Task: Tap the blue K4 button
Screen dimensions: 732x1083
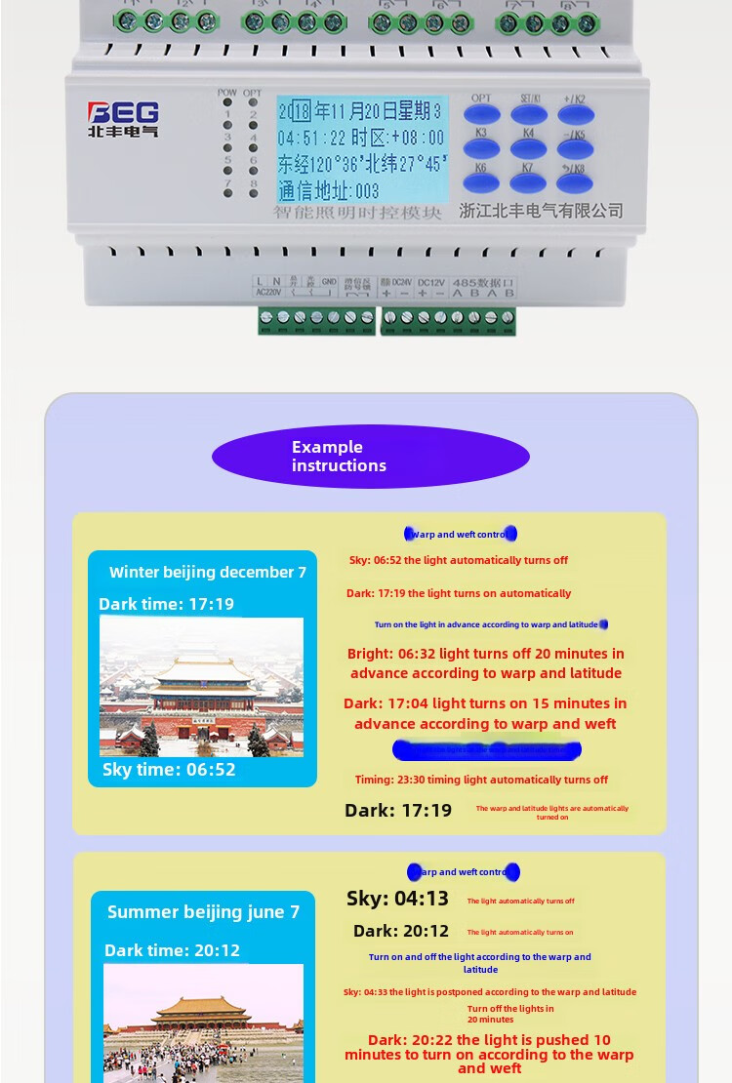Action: coord(528,148)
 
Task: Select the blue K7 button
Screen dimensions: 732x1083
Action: coord(528,181)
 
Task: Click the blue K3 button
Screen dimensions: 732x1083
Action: coord(481,148)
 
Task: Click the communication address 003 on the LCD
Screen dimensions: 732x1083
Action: coord(329,190)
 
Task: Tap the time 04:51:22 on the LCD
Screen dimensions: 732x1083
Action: coord(311,138)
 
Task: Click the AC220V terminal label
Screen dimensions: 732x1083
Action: coord(267,290)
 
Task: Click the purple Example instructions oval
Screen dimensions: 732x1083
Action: coord(371,457)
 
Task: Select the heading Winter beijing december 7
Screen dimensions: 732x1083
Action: coord(208,573)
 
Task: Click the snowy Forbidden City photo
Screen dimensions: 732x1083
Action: coord(201,687)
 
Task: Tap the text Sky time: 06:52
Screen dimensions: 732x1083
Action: coord(169,770)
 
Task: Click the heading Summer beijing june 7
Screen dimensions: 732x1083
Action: coord(203,912)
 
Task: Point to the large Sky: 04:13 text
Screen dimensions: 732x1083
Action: coord(397,899)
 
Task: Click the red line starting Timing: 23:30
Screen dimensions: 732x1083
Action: coord(481,780)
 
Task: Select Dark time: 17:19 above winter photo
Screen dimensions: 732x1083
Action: coord(166,605)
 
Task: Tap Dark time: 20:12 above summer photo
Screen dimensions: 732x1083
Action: coord(172,950)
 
